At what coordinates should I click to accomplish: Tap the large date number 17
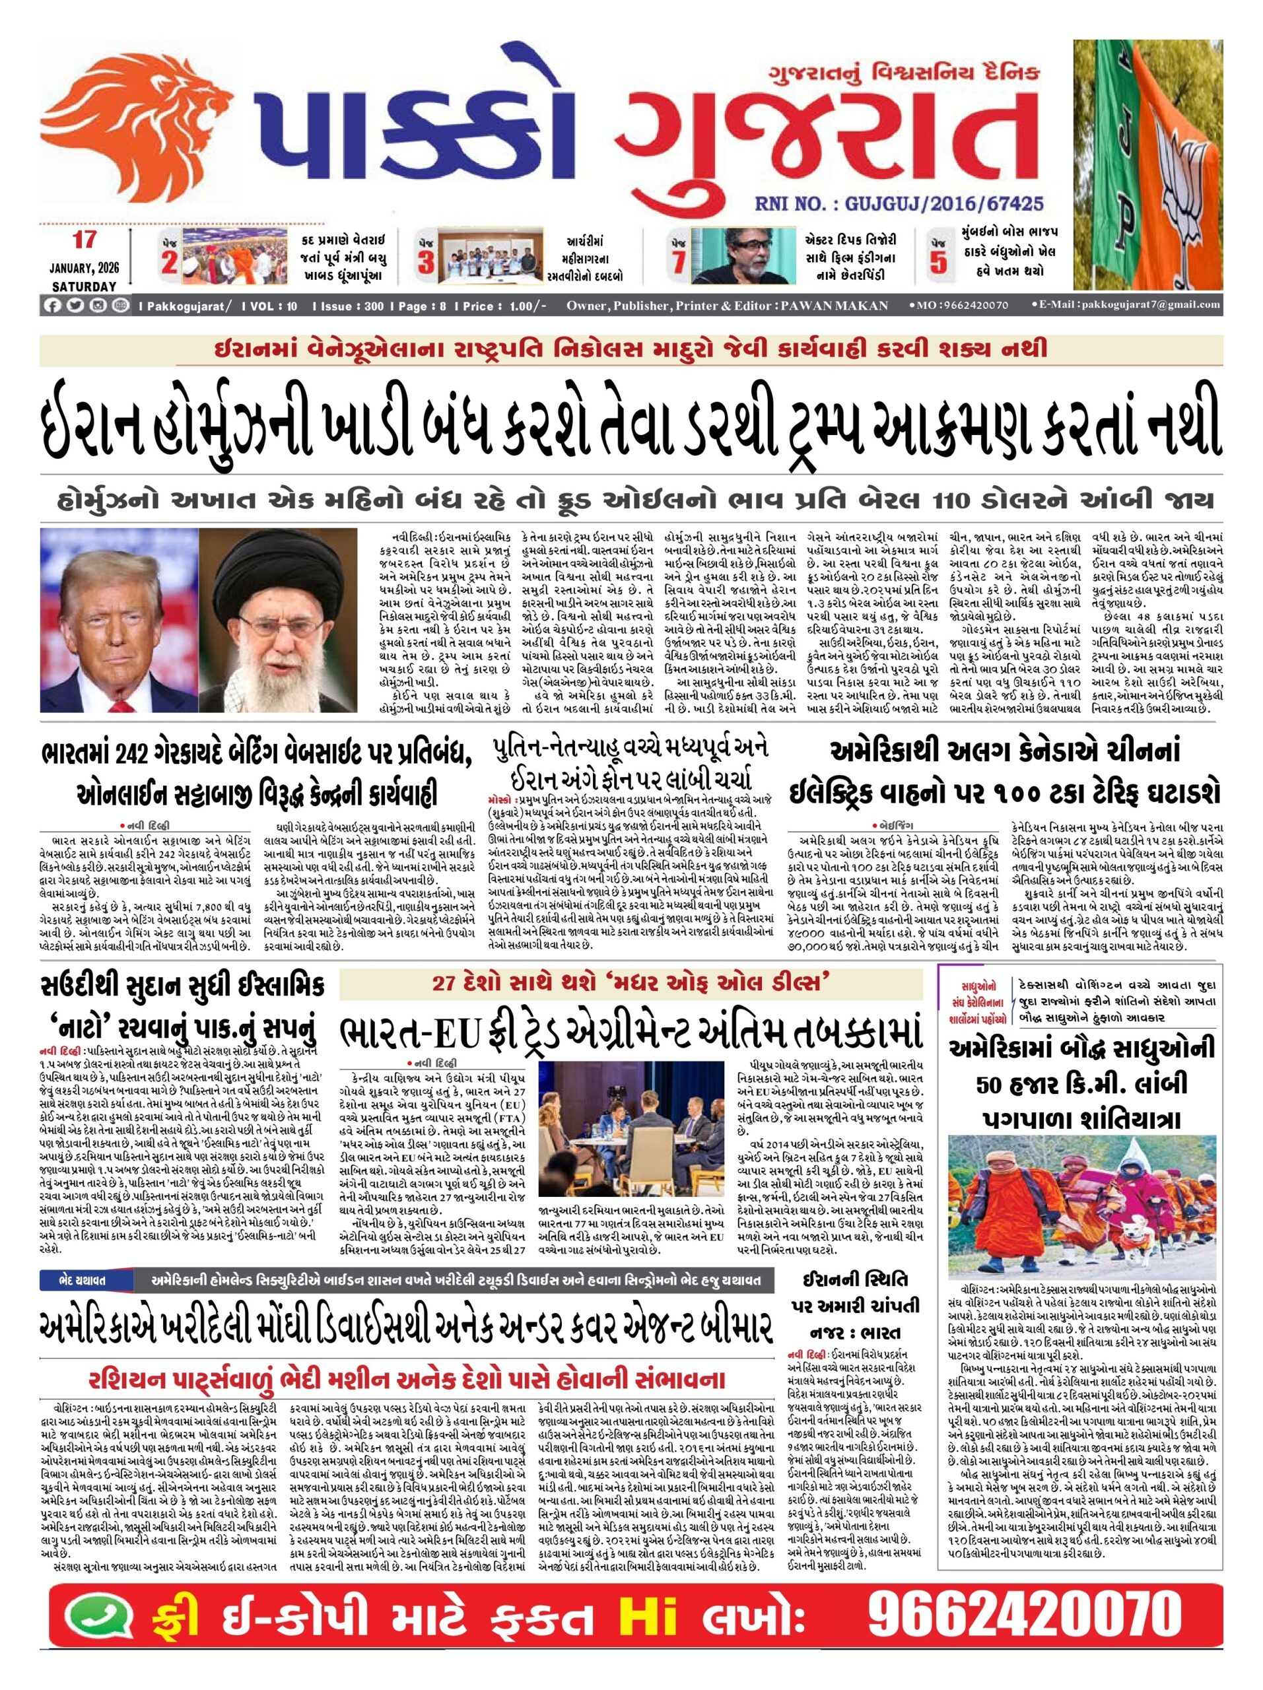[x=84, y=239]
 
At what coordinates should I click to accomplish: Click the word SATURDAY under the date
[x=84, y=287]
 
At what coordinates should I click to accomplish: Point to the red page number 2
[x=170, y=262]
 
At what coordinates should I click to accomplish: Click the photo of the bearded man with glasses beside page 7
[x=733, y=255]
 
